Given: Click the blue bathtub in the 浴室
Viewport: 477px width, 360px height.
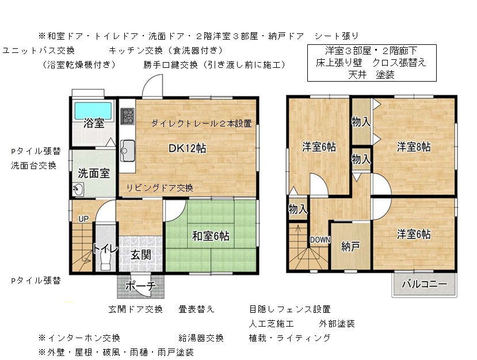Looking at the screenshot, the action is pyautogui.click(x=93, y=110).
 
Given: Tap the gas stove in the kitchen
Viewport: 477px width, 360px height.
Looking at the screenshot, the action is pyautogui.click(x=127, y=116).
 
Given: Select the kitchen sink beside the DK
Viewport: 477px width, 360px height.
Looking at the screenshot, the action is pyautogui.click(x=128, y=151).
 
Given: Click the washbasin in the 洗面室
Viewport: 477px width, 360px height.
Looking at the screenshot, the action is pyautogui.click(x=78, y=190).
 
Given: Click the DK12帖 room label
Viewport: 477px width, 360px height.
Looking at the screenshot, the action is pyautogui.click(x=187, y=148).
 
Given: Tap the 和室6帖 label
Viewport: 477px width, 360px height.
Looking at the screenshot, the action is pyautogui.click(x=211, y=236).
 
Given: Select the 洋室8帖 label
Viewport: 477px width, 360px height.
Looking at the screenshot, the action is pyautogui.click(x=414, y=147).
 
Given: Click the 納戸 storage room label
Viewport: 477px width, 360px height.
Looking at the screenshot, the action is pyautogui.click(x=351, y=246).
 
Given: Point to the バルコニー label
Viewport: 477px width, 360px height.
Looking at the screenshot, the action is pyautogui.click(x=425, y=284).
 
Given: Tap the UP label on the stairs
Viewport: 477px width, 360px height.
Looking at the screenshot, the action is pyautogui.click(x=83, y=219).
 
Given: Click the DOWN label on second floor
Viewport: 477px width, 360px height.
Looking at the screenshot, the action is pyautogui.click(x=320, y=240).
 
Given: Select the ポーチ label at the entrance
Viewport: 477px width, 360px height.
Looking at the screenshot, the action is pyautogui.click(x=140, y=286).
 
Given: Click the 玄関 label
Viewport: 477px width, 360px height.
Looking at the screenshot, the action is pyautogui.click(x=141, y=255).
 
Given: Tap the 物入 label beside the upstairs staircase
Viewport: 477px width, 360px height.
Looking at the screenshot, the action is pyautogui.click(x=298, y=209).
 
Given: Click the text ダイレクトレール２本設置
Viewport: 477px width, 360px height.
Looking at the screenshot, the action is pyautogui.click(x=201, y=124).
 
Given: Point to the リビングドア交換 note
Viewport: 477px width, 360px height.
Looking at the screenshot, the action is pyautogui.click(x=160, y=188).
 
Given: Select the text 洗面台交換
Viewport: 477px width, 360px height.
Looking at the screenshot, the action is pyautogui.click(x=34, y=166).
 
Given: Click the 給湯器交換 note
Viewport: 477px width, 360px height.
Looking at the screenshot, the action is pyautogui.click(x=201, y=338).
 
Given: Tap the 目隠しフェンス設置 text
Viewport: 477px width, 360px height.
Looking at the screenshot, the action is pyautogui.click(x=290, y=309).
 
